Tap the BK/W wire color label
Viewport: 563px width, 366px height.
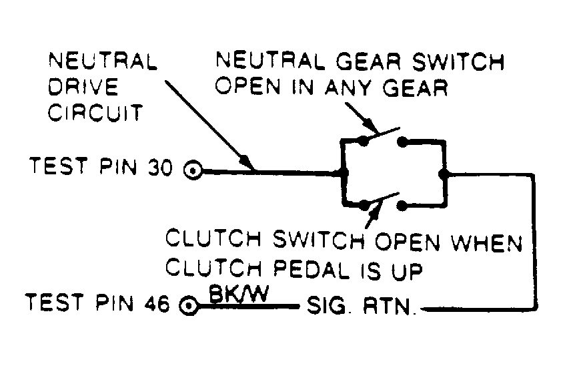(x=234, y=293)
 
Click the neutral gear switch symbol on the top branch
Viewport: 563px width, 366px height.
(x=382, y=138)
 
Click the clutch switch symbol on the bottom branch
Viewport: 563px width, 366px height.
(x=382, y=202)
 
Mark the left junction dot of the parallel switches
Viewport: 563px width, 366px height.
(x=344, y=172)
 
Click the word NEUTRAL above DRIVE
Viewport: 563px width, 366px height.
(x=102, y=62)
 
